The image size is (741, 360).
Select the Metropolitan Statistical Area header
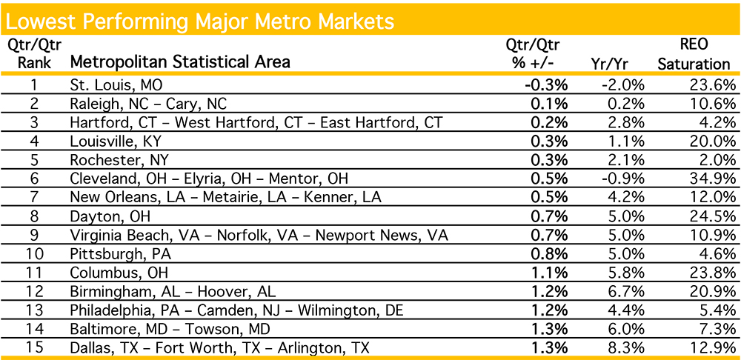(180, 61)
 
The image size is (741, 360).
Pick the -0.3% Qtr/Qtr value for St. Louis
(546, 84)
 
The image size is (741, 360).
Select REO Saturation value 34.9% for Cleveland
(710, 178)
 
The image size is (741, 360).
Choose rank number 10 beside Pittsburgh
(35, 253)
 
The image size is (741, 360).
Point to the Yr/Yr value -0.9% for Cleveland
(622, 178)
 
